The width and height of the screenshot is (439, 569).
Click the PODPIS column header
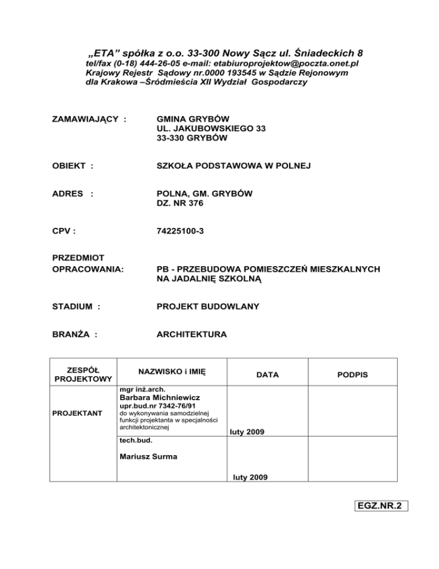[x=352, y=374]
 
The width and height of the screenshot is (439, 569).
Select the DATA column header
[x=268, y=374]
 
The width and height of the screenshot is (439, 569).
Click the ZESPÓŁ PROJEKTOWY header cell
[x=82, y=374]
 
